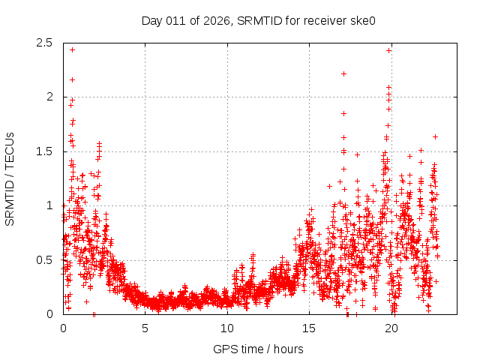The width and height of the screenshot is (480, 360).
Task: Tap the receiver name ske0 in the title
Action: click(x=361, y=20)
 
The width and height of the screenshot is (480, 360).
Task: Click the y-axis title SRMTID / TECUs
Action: click(x=10, y=178)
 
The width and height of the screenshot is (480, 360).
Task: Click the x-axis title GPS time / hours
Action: click(x=258, y=349)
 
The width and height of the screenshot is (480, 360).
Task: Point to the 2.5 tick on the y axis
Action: click(x=45, y=43)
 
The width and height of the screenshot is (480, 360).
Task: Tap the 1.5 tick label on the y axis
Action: click(x=45, y=151)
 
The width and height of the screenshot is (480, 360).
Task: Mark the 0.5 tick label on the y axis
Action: click(x=45, y=260)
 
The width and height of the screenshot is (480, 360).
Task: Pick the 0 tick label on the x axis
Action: click(x=63, y=328)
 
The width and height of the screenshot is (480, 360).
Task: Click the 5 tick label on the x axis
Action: click(x=145, y=328)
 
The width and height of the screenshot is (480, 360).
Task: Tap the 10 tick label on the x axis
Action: click(x=227, y=328)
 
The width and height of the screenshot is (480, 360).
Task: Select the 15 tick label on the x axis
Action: click(x=310, y=328)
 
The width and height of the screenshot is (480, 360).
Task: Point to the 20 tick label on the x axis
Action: click(x=391, y=328)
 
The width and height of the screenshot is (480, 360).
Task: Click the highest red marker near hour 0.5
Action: click(x=72, y=49)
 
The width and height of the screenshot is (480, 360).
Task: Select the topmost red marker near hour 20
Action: click(x=388, y=50)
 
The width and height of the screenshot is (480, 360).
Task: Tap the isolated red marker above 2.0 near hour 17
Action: click(x=343, y=73)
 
